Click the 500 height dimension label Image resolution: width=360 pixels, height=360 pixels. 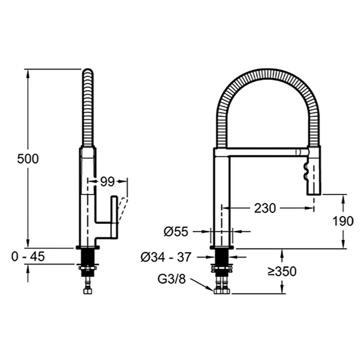click(x=28, y=158)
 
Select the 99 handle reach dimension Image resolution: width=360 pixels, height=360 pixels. click(x=107, y=182)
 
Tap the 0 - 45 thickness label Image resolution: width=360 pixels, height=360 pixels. click(x=28, y=256)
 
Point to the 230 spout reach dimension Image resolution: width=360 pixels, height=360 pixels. click(x=265, y=208)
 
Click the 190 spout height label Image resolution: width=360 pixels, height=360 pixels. click(x=343, y=221)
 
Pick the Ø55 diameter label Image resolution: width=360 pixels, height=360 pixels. click(x=176, y=232)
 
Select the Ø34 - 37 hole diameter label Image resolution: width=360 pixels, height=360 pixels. click(x=166, y=257)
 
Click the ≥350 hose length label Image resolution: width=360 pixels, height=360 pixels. click(x=282, y=271)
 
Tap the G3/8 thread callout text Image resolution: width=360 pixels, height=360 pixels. click(x=172, y=279)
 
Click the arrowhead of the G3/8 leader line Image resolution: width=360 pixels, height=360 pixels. click(x=212, y=290)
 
